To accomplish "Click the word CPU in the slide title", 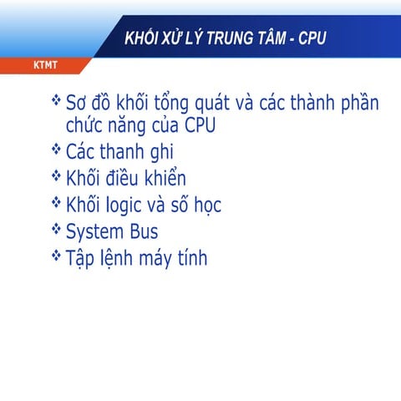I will [x=309, y=39].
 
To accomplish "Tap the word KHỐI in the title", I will [x=141, y=39].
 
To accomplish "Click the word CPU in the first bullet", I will [x=204, y=128].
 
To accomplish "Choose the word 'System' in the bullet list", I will [x=94, y=231].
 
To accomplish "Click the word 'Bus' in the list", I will [x=142, y=231].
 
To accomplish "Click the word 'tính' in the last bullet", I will [x=190, y=257].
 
